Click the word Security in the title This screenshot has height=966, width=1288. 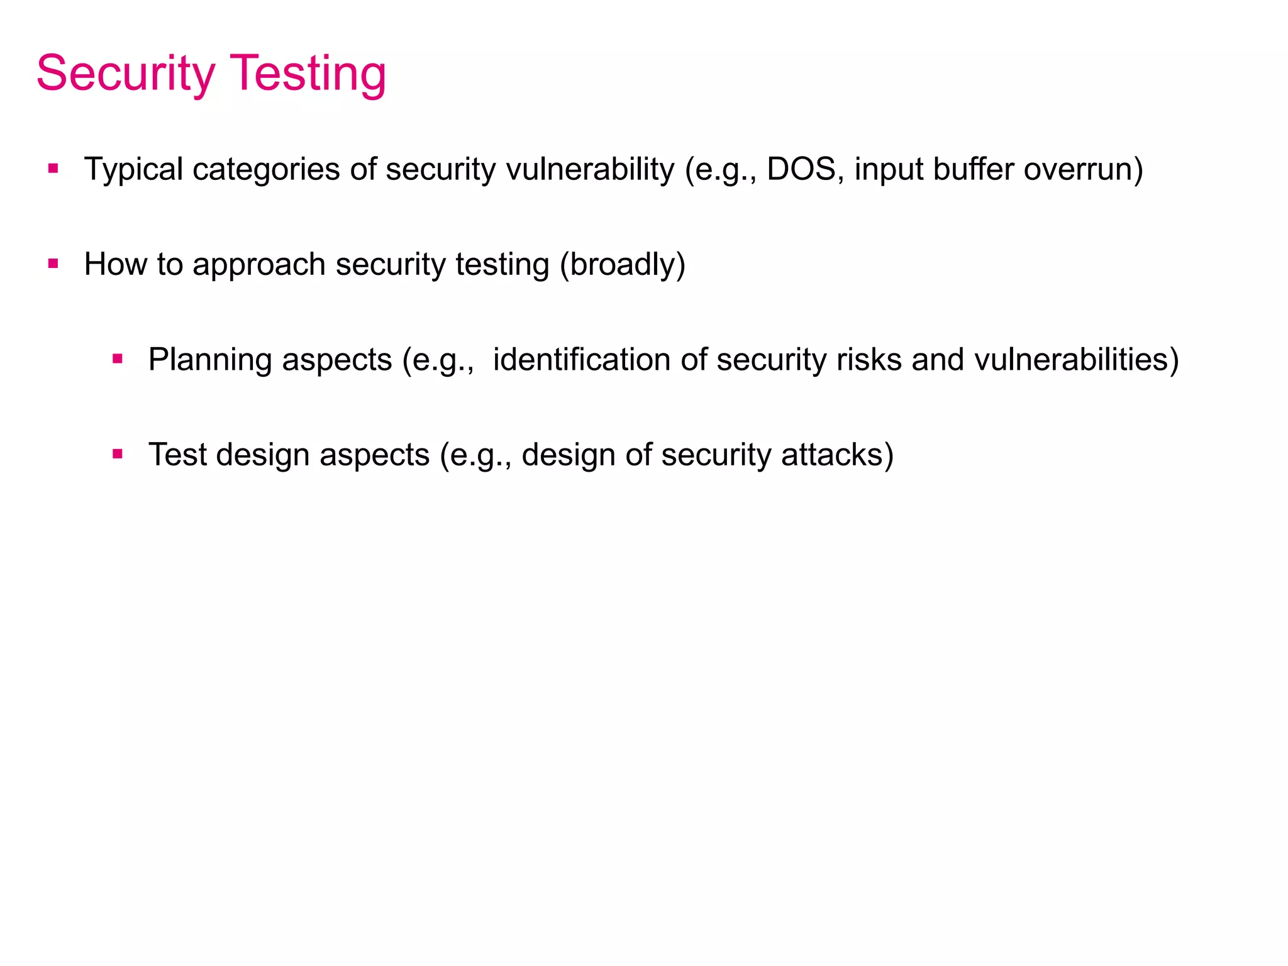pyautogui.click(x=126, y=74)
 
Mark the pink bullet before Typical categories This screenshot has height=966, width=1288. pyautogui.click(x=53, y=169)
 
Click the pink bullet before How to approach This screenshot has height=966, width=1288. pyautogui.click(x=53, y=264)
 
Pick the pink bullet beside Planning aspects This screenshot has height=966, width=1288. pyautogui.click(x=118, y=359)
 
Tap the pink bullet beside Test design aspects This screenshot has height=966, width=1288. pyautogui.click(x=118, y=453)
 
